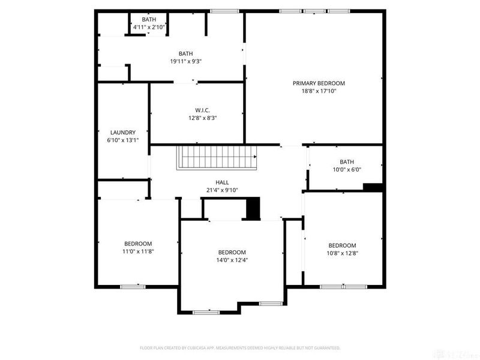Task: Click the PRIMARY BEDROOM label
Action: [319, 83]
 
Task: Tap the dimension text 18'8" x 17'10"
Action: [319, 91]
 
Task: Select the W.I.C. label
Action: [202, 110]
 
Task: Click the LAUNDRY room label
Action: [122, 133]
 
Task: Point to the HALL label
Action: [222, 182]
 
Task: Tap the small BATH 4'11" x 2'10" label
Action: [149, 20]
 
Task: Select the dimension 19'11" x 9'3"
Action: [185, 61]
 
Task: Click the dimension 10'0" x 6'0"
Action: [347, 169]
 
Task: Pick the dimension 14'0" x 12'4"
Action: [232, 260]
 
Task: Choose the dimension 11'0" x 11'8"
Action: [138, 251]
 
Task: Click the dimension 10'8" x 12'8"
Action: [342, 253]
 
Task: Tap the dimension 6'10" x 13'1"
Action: [122, 140]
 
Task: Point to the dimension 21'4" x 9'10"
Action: [222, 190]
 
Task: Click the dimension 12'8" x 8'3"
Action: [202, 118]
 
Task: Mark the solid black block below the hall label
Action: [253, 208]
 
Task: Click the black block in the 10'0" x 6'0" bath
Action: [373, 187]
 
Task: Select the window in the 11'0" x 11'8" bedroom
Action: [133, 287]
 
